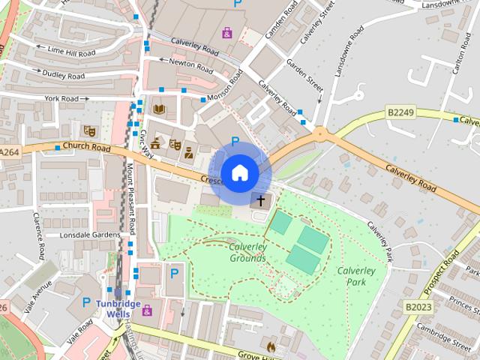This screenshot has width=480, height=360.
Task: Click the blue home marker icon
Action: pyautogui.click(x=238, y=173)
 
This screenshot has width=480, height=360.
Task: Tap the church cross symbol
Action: pyautogui.click(x=261, y=200)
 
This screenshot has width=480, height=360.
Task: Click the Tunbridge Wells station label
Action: pyautogui.click(x=118, y=307)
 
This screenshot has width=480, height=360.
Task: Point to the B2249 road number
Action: pyautogui.click(x=401, y=112)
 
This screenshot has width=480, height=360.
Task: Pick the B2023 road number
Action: pyautogui.click(x=419, y=307)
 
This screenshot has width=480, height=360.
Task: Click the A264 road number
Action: pyautogui.click(x=9, y=152)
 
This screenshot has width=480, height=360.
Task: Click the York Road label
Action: pyautogui.click(x=61, y=98)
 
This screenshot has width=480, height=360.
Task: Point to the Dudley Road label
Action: pyautogui.click(x=64, y=76)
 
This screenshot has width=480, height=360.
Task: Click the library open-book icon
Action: pyautogui.click(x=158, y=109)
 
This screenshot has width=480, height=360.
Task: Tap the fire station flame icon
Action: pyautogui.click(x=271, y=346)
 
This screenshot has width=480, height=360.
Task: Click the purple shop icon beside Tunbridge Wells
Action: pyautogui.click(x=147, y=310)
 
